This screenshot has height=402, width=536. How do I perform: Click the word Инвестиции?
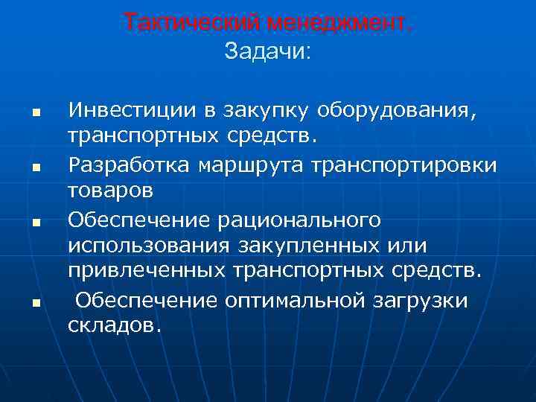coord(132,112)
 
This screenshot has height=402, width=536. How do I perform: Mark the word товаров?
coord(111,190)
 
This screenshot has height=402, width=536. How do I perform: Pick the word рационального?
coord(290,219)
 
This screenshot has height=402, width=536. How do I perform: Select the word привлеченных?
coord(150,272)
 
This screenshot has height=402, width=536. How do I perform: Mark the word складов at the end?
coord(114,325)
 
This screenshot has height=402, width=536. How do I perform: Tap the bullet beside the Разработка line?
coord(34,167)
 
